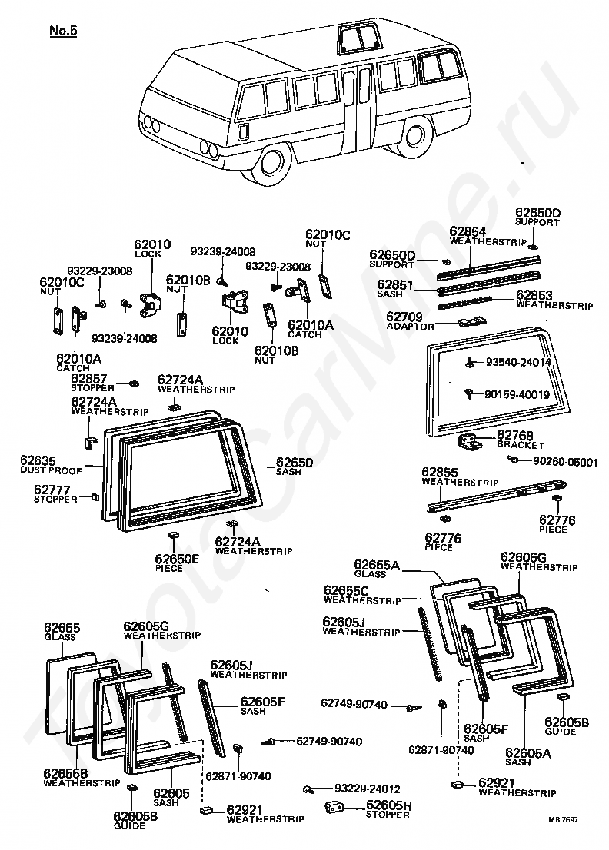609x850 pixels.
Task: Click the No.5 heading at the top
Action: (x=63, y=31)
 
